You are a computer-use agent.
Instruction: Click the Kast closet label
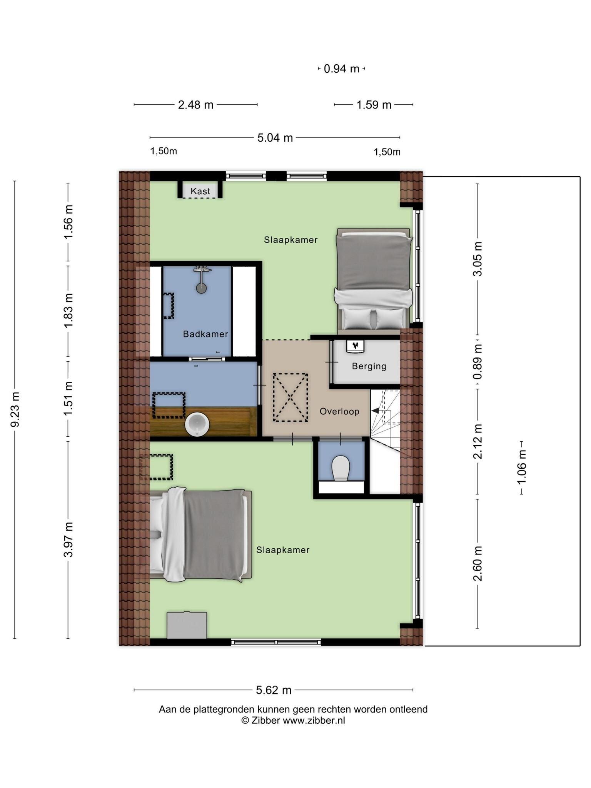[x=200, y=191]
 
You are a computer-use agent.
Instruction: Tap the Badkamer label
[x=205, y=334]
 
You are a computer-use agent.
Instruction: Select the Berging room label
[x=369, y=366]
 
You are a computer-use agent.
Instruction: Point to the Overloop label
[x=339, y=411]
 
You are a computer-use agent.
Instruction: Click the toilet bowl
[x=341, y=468]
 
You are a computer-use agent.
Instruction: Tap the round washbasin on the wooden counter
[x=197, y=424]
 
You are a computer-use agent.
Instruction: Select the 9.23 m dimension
[x=15, y=409]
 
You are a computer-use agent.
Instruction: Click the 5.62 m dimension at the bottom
[x=274, y=690]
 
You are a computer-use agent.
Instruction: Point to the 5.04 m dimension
[x=275, y=137]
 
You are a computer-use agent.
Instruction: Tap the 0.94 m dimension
[x=341, y=69]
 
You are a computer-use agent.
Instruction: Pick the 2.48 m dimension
[x=195, y=105]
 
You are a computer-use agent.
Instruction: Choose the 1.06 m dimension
[x=521, y=467]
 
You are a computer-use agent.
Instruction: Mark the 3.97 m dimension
[x=68, y=539]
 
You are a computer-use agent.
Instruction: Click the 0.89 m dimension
[x=477, y=362]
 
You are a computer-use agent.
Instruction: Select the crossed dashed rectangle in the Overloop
[x=290, y=397]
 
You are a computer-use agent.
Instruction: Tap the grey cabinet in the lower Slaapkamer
[x=187, y=625]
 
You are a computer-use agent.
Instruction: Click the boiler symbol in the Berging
[x=356, y=346]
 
